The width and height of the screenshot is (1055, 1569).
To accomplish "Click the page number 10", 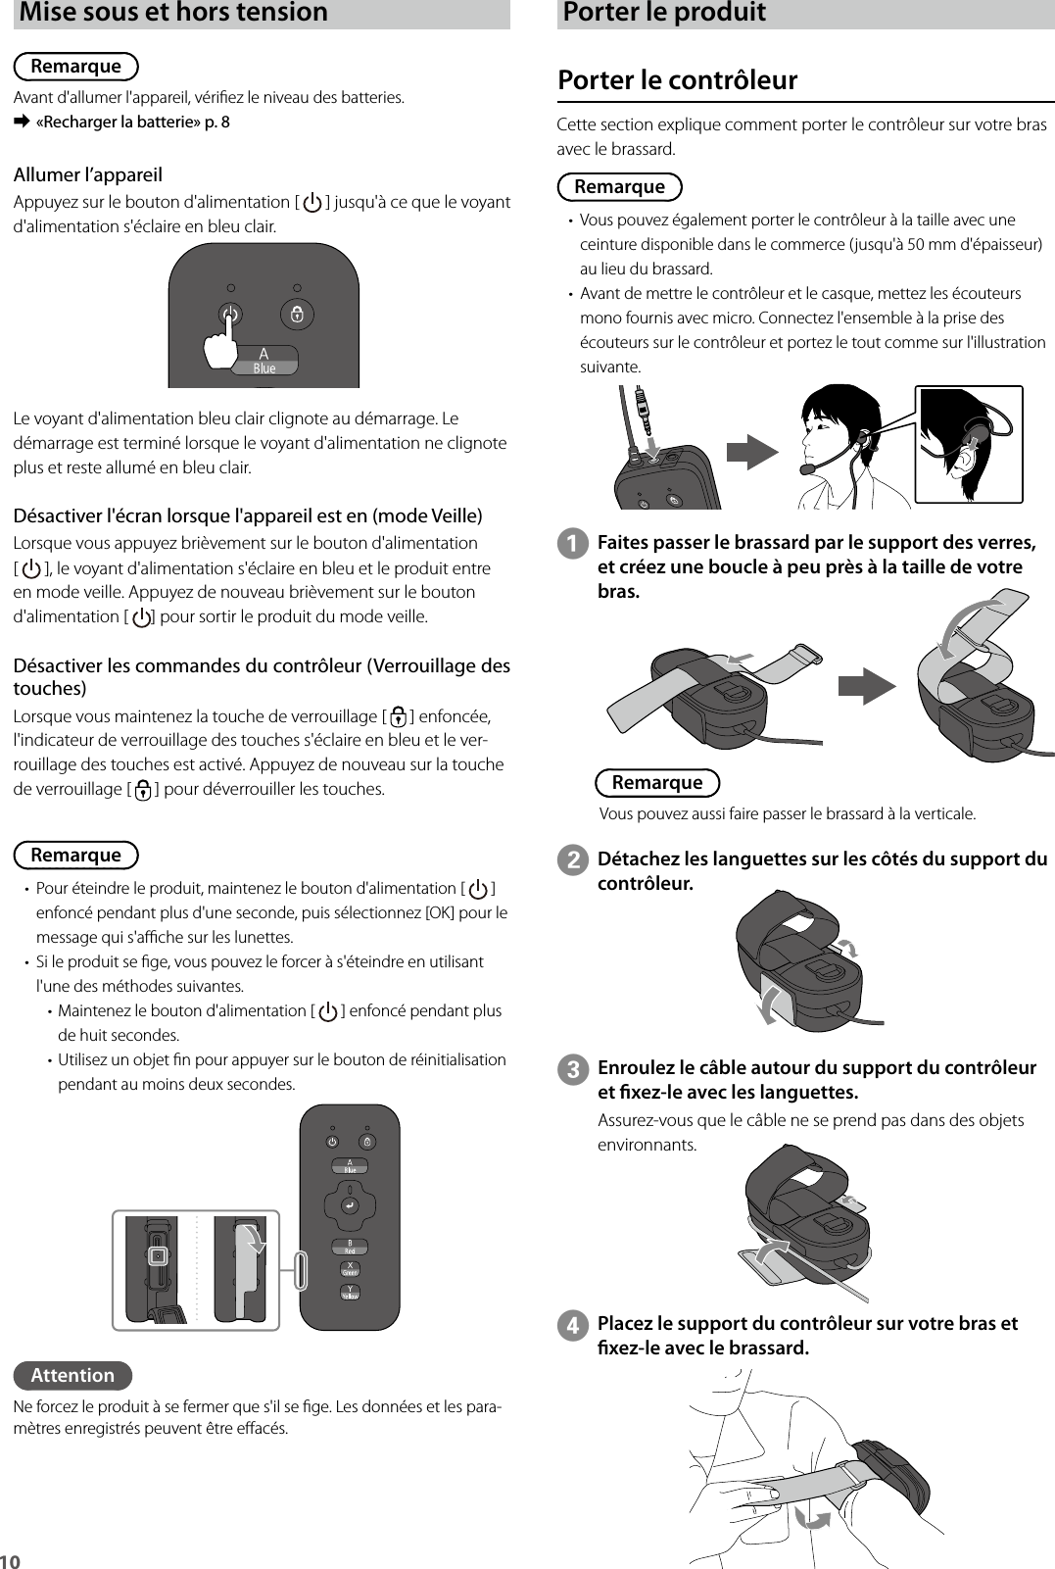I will click(11, 1560).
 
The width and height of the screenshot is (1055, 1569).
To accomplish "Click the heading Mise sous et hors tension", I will click(173, 13).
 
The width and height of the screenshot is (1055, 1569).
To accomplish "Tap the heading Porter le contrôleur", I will click(677, 79).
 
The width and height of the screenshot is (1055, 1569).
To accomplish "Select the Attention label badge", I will click(72, 1375).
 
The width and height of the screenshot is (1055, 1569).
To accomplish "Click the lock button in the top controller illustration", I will click(297, 315).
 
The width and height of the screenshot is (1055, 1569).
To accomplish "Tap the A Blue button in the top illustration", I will click(264, 360).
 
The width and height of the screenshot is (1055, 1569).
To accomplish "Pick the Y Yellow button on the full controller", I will click(350, 1293).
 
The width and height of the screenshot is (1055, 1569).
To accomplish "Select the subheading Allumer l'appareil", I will click(88, 175).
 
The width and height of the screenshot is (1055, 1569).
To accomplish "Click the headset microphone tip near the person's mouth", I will click(807, 469).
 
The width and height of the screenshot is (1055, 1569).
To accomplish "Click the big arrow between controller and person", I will click(752, 453).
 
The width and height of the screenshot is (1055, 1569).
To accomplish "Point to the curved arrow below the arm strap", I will click(812, 1518).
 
